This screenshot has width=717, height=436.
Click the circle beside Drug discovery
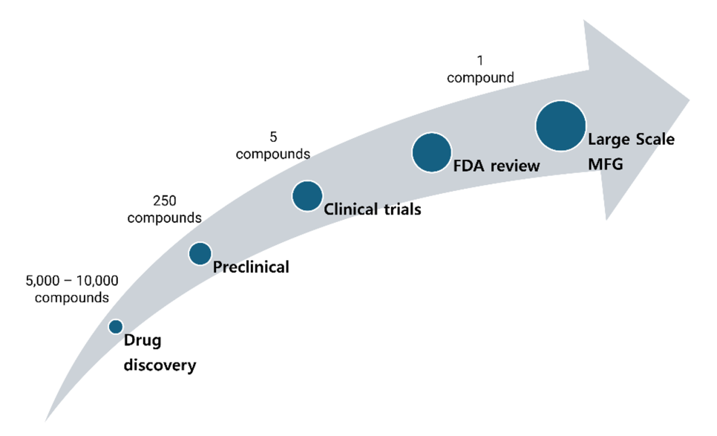point(116,327)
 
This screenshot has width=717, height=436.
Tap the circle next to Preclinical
point(200,253)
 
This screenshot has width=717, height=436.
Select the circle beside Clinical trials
point(307,196)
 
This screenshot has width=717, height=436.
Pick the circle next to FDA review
point(432,152)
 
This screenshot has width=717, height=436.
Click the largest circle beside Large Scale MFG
point(560,126)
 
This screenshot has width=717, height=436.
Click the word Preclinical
point(251,267)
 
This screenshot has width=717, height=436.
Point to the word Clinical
point(351,209)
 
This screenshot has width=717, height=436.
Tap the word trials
point(402,209)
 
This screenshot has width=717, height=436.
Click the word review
point(514,166)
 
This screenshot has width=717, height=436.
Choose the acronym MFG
point(606,164)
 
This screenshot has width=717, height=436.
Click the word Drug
point(143,341)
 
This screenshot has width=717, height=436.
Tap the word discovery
point(160,365)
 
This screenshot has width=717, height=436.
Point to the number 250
point(165,201)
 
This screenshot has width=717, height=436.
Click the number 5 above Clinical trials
point(273,137)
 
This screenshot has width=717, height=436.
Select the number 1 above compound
point(480,60)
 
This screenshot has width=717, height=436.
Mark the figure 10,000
point(97,281)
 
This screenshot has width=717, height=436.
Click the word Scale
point(653,139)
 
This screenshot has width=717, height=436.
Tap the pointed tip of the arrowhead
point(690,100)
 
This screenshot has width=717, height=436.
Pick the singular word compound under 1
point(480,78)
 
